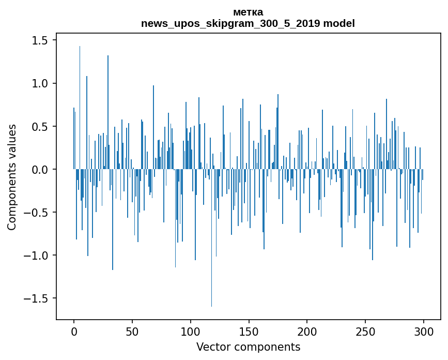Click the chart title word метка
pyautogui.click(x=248, y=12)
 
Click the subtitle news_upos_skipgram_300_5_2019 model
pyautogui.click(x=248, y=23)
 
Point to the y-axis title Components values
pyautogui.click(x=12, y=177)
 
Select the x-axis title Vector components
pyautogui.click(x=248, y=347)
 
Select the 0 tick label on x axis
pyautogui.click(x=74, y=331)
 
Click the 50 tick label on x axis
pyautogui.click(x=132, y=331)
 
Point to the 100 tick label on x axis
pyautogui.click(x=191, y=331)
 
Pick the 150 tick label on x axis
pyautogui.click(x=249, y=331)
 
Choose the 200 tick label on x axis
pyautogui.click(x=307, y=331)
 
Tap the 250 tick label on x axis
pyautogui.click(x=366, y=331)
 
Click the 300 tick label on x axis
pyautogui.click(x=424, y=331)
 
